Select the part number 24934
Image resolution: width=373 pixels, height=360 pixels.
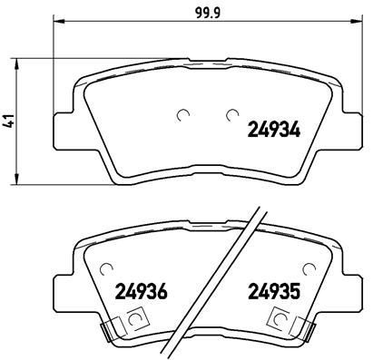coord(275,129)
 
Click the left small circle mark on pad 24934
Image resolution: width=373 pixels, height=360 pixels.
coord(185,115)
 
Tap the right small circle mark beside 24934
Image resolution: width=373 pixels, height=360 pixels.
coord(232,115)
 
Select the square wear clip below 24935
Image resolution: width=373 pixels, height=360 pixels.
coord(282,319)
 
